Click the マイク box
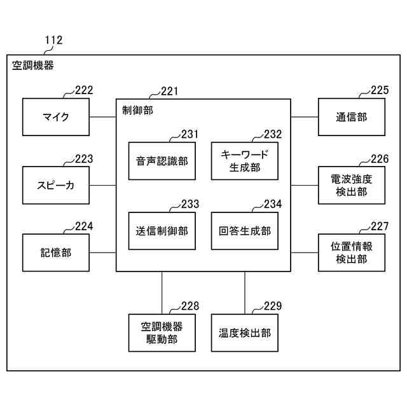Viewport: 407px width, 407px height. tap(56, 116)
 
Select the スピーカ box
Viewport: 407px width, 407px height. tap(56, 185)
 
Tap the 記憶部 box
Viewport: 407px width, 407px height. tap(56, 252)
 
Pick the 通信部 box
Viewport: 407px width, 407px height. tap(351, 116)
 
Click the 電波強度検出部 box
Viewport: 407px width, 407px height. tap(351, 185)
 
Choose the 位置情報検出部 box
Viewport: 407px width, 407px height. tap(351, 252)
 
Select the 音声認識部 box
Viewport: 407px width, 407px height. tap(162, 161)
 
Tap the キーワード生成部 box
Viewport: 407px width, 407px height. tap(245, 161)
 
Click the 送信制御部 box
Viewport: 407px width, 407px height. tap(162, 231)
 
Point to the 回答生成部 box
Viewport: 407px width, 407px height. tap(245, 231)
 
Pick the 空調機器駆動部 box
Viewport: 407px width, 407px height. tap(162, 333)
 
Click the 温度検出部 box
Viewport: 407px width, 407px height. tap(245, 333)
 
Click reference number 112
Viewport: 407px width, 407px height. tap(53, 40)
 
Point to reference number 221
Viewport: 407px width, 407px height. tap(169, 91)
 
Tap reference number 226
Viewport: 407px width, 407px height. tap(380, 158)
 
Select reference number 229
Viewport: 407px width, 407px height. tap(272, 306)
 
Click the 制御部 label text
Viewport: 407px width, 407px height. tap(137, 110)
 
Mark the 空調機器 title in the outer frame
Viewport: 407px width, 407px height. tap(33, 65)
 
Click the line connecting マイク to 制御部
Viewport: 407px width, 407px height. tap(102, 116)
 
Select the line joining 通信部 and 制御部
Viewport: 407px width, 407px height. tap(304, 116)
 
